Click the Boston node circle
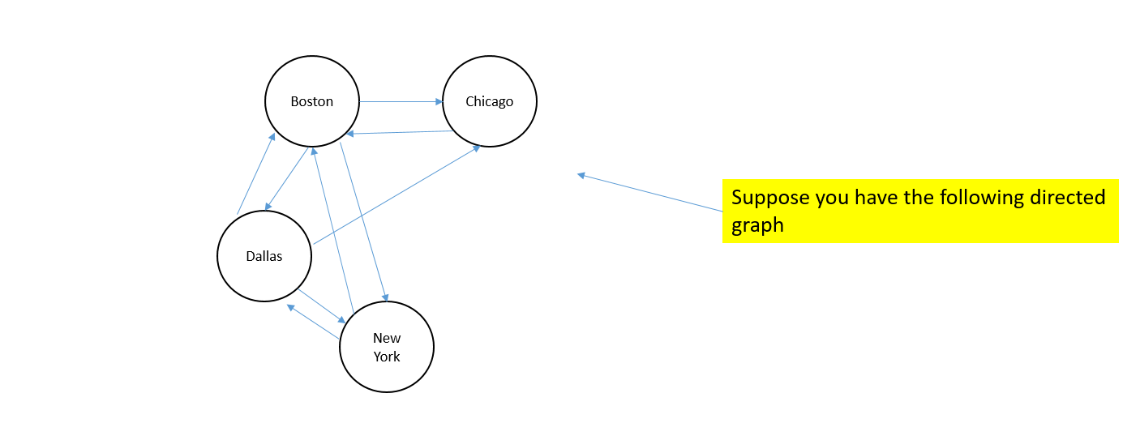[312, 101]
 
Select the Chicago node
[489, 101]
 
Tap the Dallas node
[264, 256]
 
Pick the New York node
[387, 347]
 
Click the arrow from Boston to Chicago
[401, 102]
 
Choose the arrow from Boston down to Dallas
[286, 179]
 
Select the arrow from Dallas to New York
[322, 305]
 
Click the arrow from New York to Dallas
[313, 321]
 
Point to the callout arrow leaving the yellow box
[649, 193]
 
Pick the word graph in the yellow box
[757, 224]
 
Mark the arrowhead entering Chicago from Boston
[439, 102]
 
